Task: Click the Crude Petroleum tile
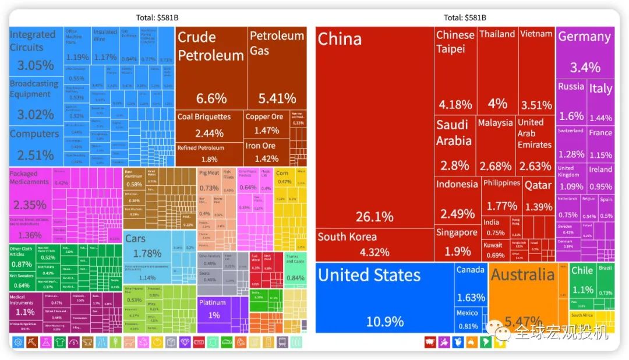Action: click(x=210, y=67)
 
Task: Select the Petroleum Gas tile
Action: click(x=277, y=67)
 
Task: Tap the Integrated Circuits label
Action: click(x=33, y=41)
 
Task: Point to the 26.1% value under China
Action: click(x=374, y=217)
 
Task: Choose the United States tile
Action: click(x=384, y=297)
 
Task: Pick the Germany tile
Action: click(x=585, y=52)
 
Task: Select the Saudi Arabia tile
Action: click(x=455, y=146)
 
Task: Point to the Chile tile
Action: click(x=582, y=280)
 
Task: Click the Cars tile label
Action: click(x=136, y=239)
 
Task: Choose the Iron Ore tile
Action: click(x=260, y=153)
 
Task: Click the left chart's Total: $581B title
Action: click(x=157, y=17)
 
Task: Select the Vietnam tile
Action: click(x=536, y=70)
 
